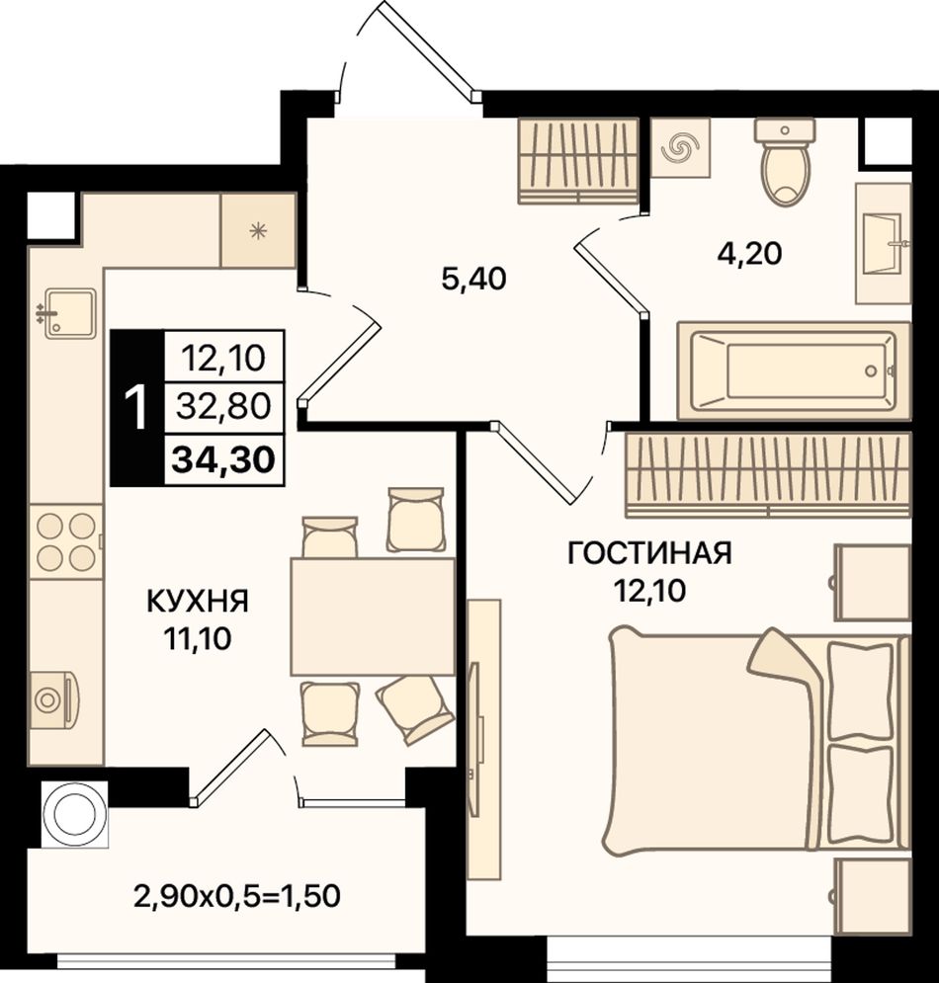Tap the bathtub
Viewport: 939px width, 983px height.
point(794,369)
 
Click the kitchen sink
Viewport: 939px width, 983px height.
point(69,313)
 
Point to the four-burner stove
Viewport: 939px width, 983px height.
point(66,541)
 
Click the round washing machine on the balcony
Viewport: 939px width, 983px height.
point(74,814)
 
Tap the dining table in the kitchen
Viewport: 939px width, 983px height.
point(373,616)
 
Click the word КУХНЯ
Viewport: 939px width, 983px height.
point(198,601)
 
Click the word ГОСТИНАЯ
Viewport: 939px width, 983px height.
point(649,553)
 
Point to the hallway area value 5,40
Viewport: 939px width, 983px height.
point(473,279)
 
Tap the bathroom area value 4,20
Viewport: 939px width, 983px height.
point(749,254)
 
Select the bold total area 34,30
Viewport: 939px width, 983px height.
point(223,459)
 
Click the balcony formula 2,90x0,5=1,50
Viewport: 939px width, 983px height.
point(237,896)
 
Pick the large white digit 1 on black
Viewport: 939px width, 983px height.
point(136,407)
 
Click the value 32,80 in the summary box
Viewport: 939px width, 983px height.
point(223,406)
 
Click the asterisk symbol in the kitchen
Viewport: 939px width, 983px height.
point(258,231)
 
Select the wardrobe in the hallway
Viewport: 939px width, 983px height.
point(577,161)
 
